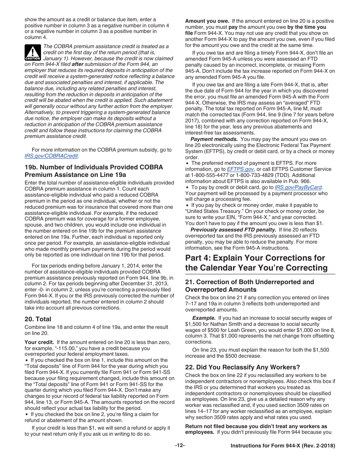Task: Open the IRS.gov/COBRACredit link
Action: coord(51,156)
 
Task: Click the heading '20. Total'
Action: coord(38,319)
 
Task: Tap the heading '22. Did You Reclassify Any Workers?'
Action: coord(243,367)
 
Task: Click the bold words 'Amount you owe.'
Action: coord(207,21)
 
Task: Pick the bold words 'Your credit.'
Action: coord(39,342)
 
